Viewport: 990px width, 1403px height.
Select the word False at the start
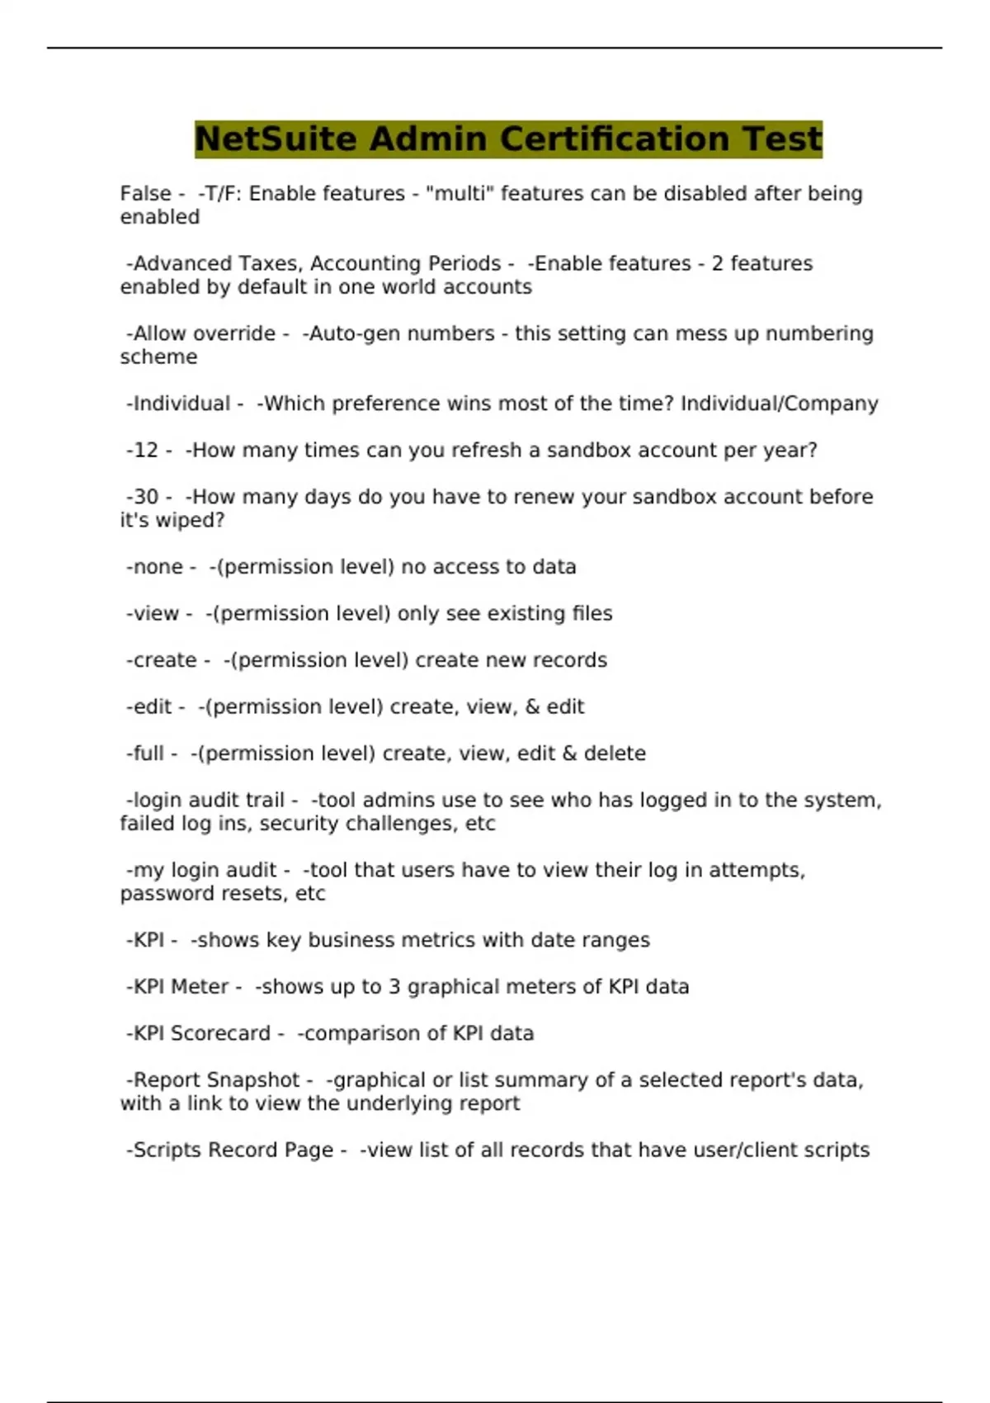[x=146, y=193]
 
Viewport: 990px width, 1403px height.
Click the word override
[x=235, y=333]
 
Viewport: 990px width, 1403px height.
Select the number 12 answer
[x=146, y=451]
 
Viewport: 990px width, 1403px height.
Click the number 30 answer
[x=146, y=497]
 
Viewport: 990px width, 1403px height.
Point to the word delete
[x=615, y=753]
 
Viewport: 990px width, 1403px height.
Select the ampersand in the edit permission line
[x=530, y=707]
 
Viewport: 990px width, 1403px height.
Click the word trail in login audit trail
[x=265, y=801]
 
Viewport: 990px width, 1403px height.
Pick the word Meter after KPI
[x=200, y=987]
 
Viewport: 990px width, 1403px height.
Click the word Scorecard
[x=220, y=1033]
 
